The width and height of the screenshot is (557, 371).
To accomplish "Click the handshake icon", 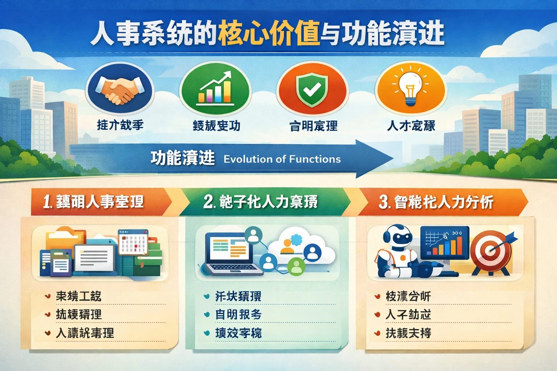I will [x=120, y=90].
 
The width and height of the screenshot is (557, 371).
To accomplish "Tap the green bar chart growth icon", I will [x=215, y=89].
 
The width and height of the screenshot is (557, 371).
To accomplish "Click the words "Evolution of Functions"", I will [x=282, y=159].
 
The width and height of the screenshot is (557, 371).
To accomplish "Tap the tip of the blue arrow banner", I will [x=392, y=159].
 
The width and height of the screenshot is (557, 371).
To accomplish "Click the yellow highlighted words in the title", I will [x=269, y=33].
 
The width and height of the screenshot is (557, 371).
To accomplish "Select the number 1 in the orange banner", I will [x=47, y=202].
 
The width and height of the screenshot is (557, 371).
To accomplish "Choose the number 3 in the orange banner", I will [x=384, y=202].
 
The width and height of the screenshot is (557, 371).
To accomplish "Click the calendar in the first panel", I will [x=133, y=242].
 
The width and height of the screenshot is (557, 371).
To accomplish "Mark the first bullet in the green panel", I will [x=207, y=296].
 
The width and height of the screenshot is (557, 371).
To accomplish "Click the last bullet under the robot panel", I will [x=377, y=333].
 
